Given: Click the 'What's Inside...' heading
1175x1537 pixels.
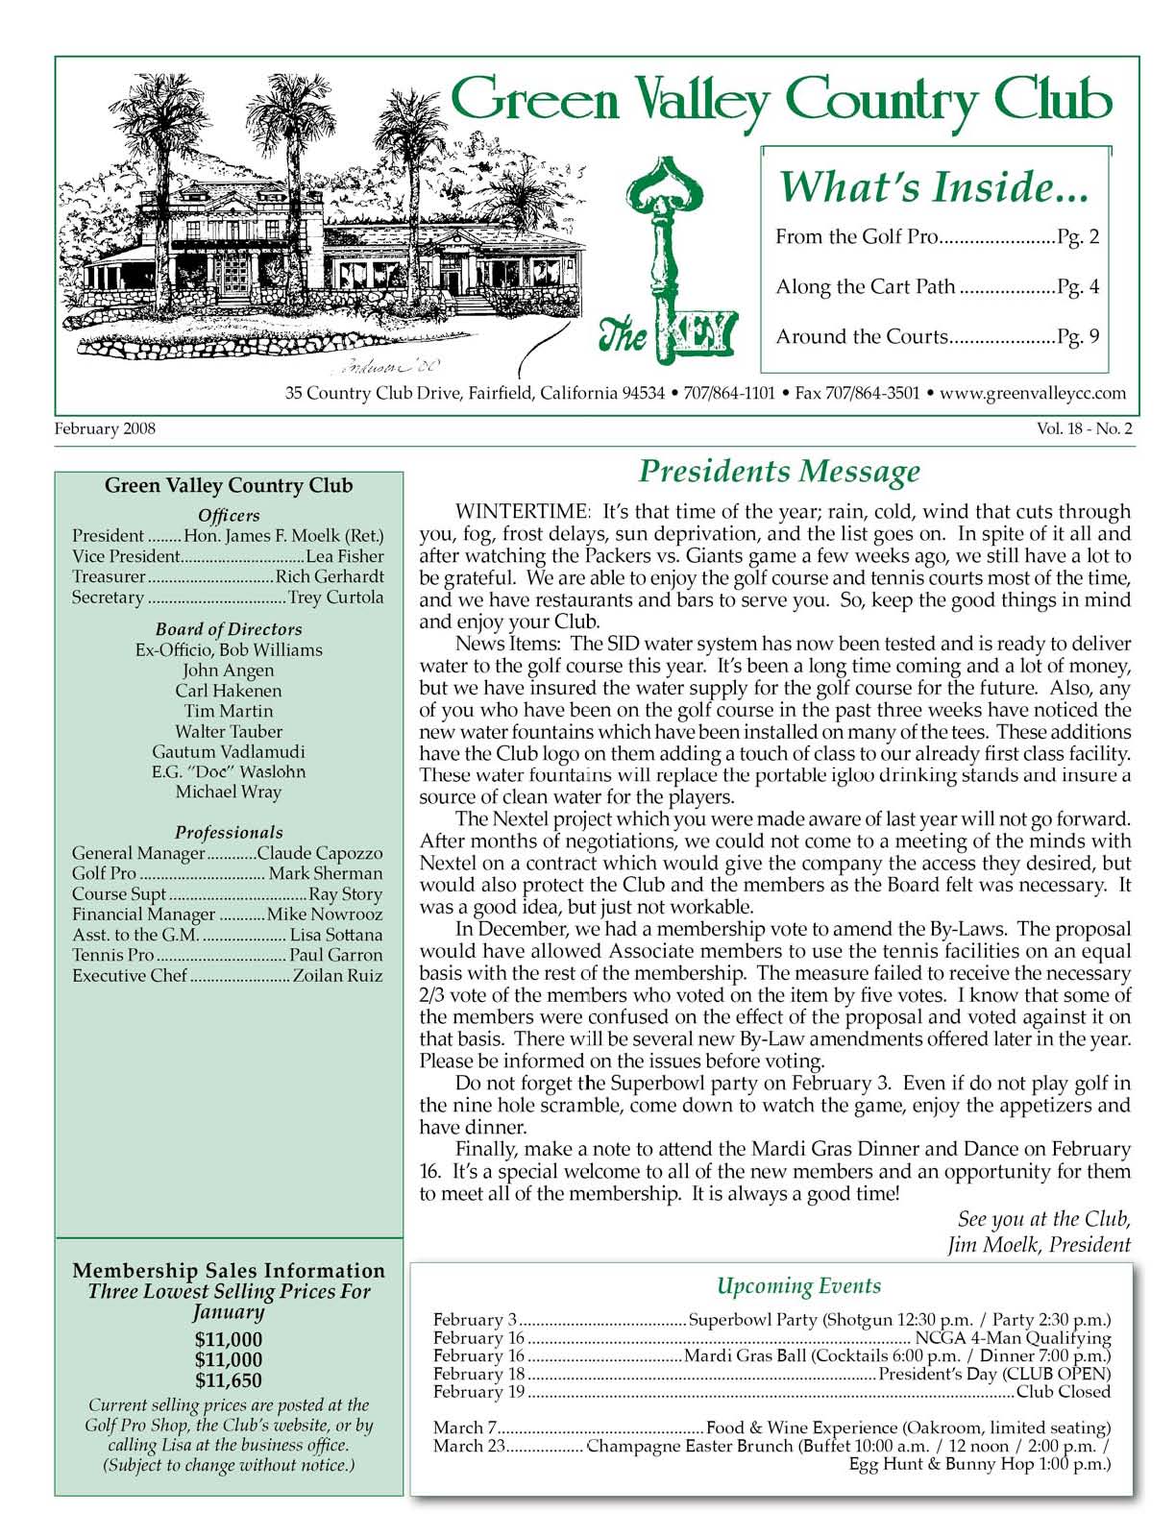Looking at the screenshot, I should tap(932, 186).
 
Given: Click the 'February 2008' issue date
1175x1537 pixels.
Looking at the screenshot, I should tap(105, 429).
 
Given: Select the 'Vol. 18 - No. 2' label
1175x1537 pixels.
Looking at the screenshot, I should tap(1084, 429).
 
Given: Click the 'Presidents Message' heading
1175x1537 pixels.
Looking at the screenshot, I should tap(779, 472).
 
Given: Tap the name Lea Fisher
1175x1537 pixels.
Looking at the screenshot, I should tap(345, 556).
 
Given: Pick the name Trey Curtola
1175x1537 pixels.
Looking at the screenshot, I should tap(336, 598).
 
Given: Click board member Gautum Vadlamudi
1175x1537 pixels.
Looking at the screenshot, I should tap(229, 752).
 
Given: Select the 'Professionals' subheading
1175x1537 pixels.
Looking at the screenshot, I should tap(229, 832).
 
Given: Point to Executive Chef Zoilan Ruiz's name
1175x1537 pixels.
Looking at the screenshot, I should tap(337, 976).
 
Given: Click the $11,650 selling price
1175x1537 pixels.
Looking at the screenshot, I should tap(229, 1381).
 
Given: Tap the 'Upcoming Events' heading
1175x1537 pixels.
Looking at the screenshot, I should tap(798, 1286).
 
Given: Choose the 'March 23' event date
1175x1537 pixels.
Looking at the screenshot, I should tap(469, 1446).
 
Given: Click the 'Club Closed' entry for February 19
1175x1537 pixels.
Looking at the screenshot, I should tap(1063, 1391).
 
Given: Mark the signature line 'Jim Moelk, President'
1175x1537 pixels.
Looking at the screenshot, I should tap(1039, 1245).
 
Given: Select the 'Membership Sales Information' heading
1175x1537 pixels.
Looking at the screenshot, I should tap(229, 1271).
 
